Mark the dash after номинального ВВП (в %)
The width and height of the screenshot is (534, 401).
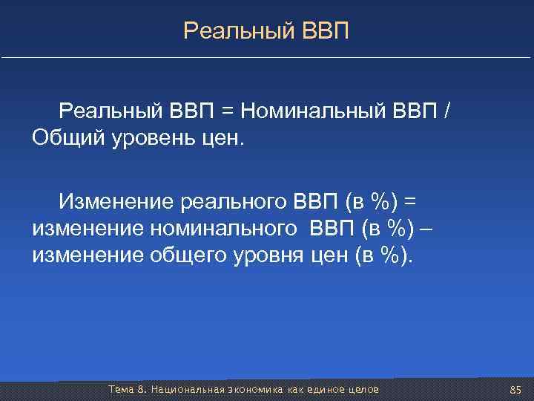(426, 229)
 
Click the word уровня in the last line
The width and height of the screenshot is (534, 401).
(267, 256)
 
